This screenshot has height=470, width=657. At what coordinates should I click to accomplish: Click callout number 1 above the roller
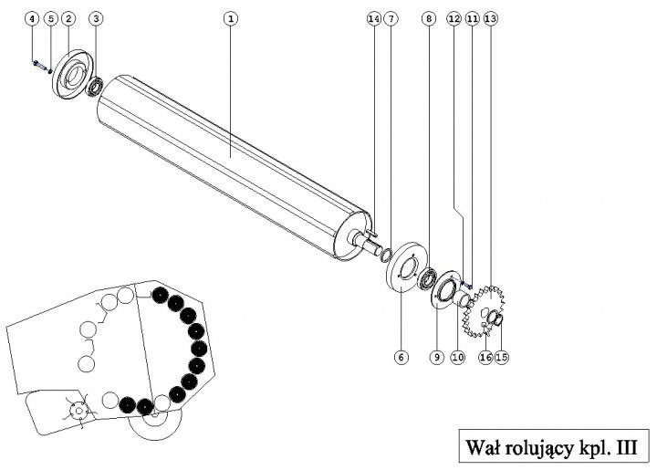231,18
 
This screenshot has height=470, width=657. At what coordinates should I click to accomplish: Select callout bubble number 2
68,18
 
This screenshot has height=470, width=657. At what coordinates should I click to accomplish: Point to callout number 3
98,18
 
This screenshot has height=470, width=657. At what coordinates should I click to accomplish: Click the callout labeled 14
372,18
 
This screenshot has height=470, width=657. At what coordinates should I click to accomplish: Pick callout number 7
390,18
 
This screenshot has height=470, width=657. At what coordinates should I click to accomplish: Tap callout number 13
491,18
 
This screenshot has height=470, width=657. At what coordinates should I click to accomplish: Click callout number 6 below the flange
400,358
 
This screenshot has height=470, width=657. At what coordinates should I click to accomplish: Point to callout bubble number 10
457,358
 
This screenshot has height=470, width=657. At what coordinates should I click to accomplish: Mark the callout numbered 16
485,358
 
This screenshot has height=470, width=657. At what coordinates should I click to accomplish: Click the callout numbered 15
501,358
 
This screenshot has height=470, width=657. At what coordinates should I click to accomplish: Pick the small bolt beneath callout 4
36,64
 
